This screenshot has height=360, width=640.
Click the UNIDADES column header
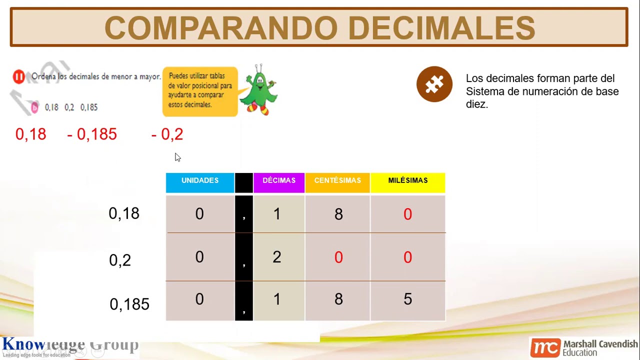200,181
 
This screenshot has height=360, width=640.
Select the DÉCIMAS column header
279,181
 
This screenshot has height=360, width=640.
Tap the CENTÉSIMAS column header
337,181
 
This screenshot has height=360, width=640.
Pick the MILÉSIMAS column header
407,181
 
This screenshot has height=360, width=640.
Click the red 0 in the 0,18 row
407,214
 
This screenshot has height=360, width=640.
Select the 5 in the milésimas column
407,299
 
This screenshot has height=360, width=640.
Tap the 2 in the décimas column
277,257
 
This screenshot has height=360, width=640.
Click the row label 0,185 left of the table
129,304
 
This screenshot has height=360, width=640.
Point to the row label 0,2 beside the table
120,260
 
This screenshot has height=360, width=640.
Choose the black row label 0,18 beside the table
124,213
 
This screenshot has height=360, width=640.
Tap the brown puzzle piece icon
434,84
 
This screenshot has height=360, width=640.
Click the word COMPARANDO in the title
221,28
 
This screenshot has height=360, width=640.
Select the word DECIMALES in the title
441,28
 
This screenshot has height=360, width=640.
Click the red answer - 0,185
92,134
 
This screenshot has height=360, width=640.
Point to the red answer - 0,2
167,134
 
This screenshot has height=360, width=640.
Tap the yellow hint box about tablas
199,91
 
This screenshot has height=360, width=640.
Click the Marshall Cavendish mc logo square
545,347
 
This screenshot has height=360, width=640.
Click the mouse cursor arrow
177,157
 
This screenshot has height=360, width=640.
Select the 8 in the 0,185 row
338,299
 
